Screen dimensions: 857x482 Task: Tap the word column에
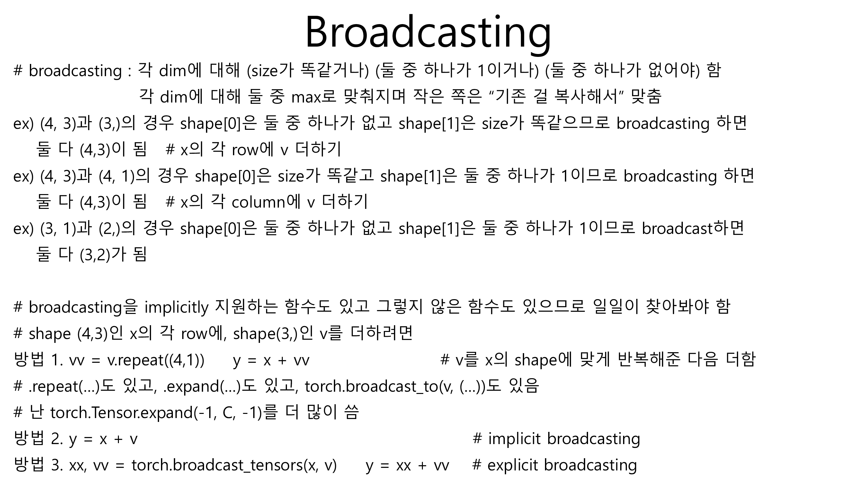pyautogui.click(x=266, y=202)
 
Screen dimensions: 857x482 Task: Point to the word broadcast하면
pyautogui.click(x=693, y=228)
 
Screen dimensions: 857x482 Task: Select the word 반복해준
pyautogui.click(x=648, y=360)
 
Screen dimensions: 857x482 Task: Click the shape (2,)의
pyautogui.click(x=117, y=228)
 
